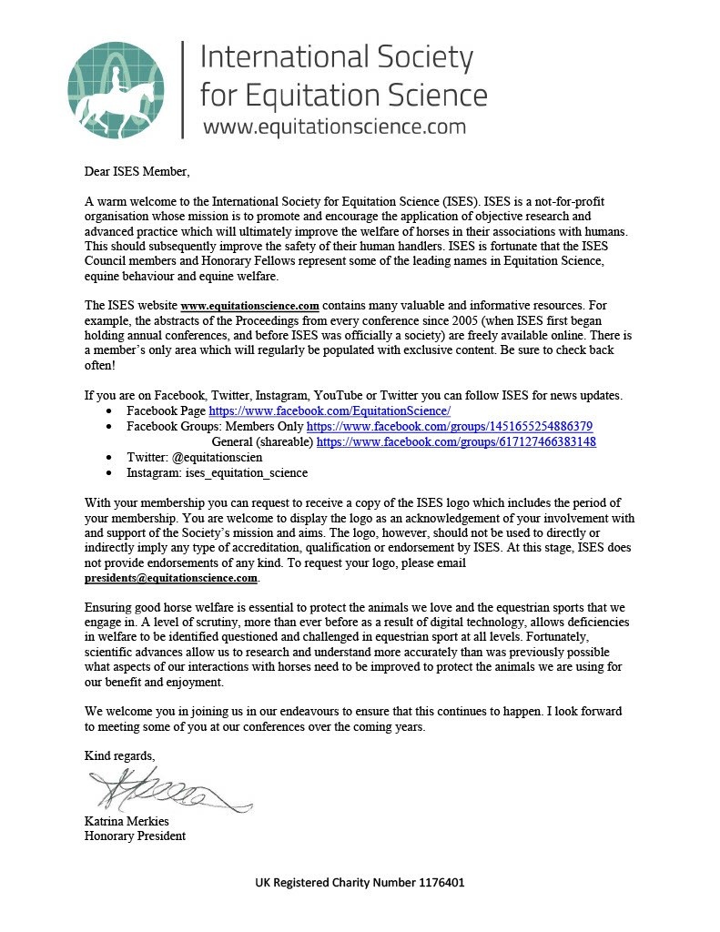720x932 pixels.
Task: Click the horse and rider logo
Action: (x=114, y=88)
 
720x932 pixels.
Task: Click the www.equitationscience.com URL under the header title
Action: (x=334, y=127)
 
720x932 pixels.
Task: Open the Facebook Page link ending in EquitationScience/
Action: (x=330, y=411)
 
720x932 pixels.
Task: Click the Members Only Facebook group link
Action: (x=450, y=426)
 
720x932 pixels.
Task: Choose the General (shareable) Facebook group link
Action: (x=456, y=441)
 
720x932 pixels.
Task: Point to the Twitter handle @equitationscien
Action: (x=219, y=457)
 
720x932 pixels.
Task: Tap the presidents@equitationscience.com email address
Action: (x=171, y=578)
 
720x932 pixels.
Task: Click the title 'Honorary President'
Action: (x=135, y=836)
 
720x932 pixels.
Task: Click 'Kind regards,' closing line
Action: (x=119, y=756)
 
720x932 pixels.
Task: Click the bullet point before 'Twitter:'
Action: (x=109, y=457)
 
